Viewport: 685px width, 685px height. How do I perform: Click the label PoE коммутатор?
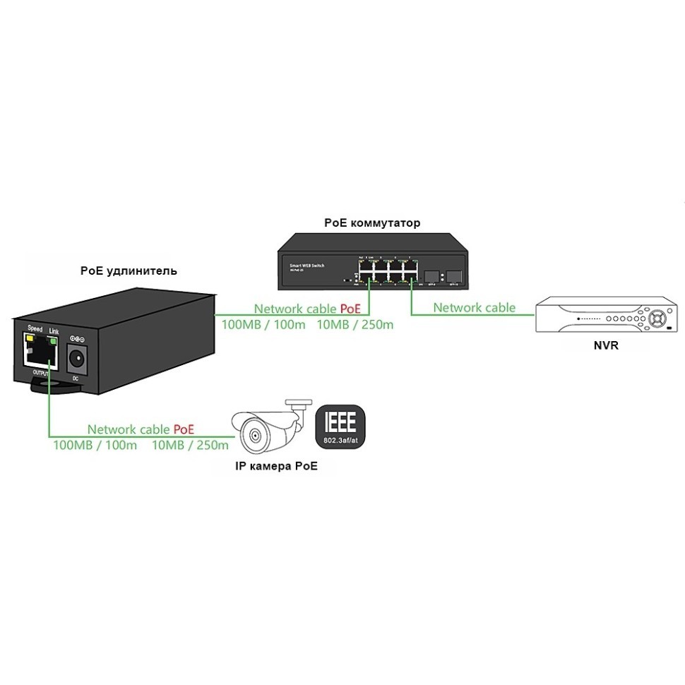pos(372,223)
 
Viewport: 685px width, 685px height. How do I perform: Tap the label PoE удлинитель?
pos(129,270)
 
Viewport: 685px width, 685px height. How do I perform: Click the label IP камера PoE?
pos(276,466)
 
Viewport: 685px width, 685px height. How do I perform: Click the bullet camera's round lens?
pos(254,434)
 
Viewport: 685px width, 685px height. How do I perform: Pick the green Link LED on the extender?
pos(54,340)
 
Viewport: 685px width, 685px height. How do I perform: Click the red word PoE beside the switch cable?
pos(350,309)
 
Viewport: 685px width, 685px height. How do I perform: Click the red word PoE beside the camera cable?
pos(184,429)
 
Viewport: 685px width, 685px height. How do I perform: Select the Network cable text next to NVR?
pos(474,308)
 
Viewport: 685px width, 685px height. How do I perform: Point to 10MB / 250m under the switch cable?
pos(355,326)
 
